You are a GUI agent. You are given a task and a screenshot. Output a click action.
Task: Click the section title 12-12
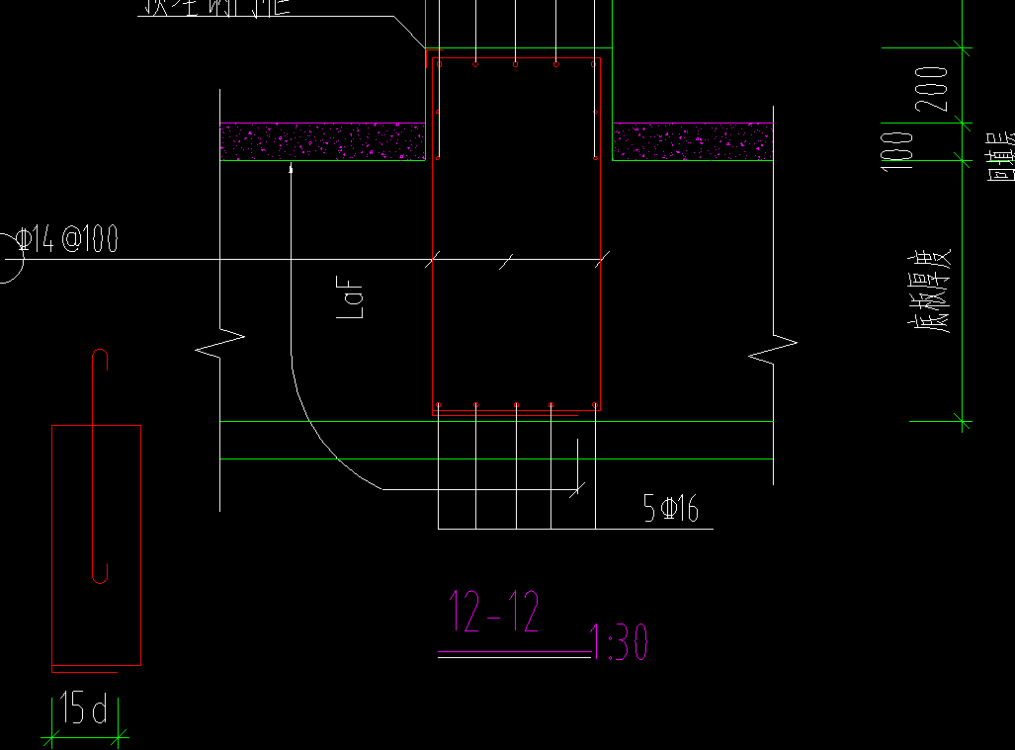point(494,613)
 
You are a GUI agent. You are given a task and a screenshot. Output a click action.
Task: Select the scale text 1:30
point(620,642)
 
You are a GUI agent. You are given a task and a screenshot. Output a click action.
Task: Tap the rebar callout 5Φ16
point(670,509)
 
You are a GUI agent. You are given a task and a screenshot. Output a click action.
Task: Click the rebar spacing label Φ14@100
point(67,239)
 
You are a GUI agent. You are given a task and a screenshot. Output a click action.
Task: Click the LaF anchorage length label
point(352,299)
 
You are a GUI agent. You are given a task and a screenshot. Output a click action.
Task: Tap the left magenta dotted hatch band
point(322,141)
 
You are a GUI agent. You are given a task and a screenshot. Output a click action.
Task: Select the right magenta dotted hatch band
point(692,141)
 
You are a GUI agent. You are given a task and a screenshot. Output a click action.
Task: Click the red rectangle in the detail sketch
point(96,545)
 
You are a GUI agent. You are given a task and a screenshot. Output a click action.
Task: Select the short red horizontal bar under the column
point(505,416)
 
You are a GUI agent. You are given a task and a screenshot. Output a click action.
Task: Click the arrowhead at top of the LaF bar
point(291,170)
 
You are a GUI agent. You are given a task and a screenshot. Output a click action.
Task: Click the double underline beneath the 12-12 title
point(514,654)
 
